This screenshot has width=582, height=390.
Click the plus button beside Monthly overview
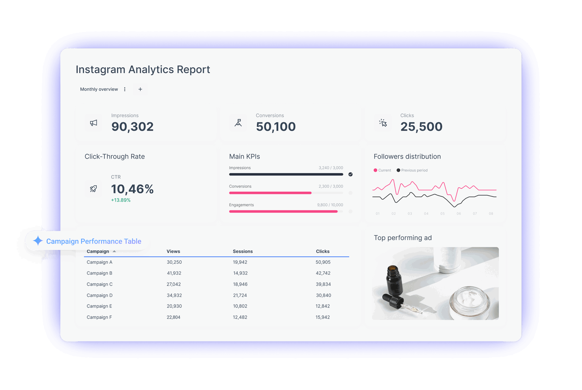[140, 89]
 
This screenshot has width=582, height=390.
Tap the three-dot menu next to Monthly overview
[125, 89]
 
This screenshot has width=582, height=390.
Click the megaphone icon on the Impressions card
[93, 123]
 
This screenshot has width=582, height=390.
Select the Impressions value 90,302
[132, 127]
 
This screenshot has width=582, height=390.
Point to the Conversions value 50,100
[276, 127]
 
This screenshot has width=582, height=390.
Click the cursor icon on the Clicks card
[383, 123]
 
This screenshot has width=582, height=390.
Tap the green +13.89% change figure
[121, 200]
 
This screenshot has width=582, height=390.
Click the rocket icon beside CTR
[93, 189]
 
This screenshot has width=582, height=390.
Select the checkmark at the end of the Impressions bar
[350, 174]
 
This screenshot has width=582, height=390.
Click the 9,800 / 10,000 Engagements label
[330, 205]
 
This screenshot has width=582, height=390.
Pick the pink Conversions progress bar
[270, 193]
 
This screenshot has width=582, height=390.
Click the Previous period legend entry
[412, 170]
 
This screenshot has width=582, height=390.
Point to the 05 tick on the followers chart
[442, 214]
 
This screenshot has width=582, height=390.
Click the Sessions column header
[243, 251]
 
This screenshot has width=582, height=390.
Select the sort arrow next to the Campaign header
[114, 251]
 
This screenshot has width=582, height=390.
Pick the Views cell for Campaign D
[174, 295]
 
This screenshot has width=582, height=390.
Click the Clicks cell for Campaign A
[323, 262]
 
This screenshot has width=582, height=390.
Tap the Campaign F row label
[99, 317]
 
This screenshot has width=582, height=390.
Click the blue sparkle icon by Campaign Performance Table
[38, 240]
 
